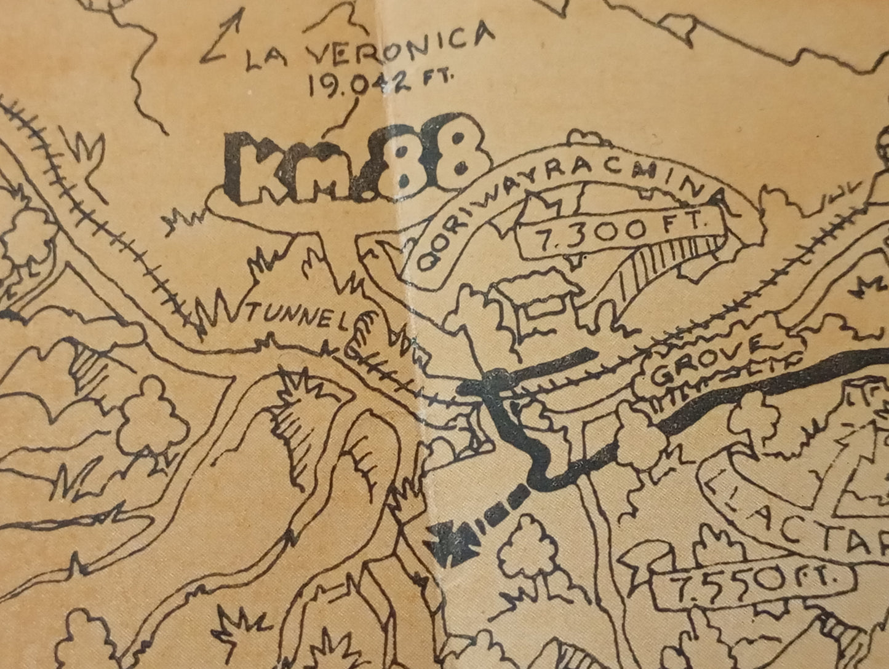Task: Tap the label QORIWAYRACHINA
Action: tap(554, 197)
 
